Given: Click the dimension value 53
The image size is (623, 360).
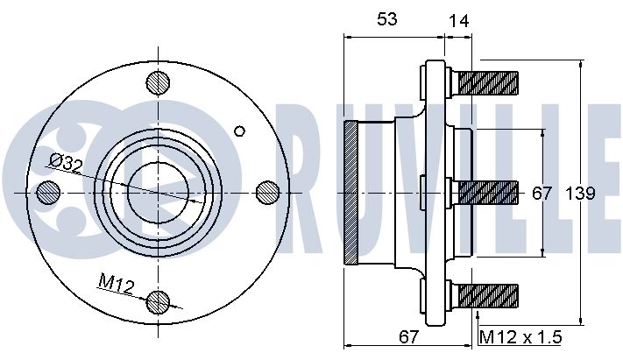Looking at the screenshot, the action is (387, 18).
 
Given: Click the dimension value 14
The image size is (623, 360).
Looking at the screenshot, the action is (458, 21).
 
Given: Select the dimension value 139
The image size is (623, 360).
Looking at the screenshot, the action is (580, 194).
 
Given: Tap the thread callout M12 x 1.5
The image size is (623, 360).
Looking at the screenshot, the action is (520, 338).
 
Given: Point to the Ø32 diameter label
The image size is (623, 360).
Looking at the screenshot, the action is (66, 163).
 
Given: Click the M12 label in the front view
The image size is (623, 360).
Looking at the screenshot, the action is (117, 283).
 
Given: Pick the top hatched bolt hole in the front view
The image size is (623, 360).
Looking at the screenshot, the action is (158, 83).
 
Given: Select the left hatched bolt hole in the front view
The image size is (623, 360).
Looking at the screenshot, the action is (48, 193).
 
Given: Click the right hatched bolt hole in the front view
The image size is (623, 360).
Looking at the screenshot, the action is (268, 193).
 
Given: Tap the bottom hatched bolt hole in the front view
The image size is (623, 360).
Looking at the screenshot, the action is (158, 303).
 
